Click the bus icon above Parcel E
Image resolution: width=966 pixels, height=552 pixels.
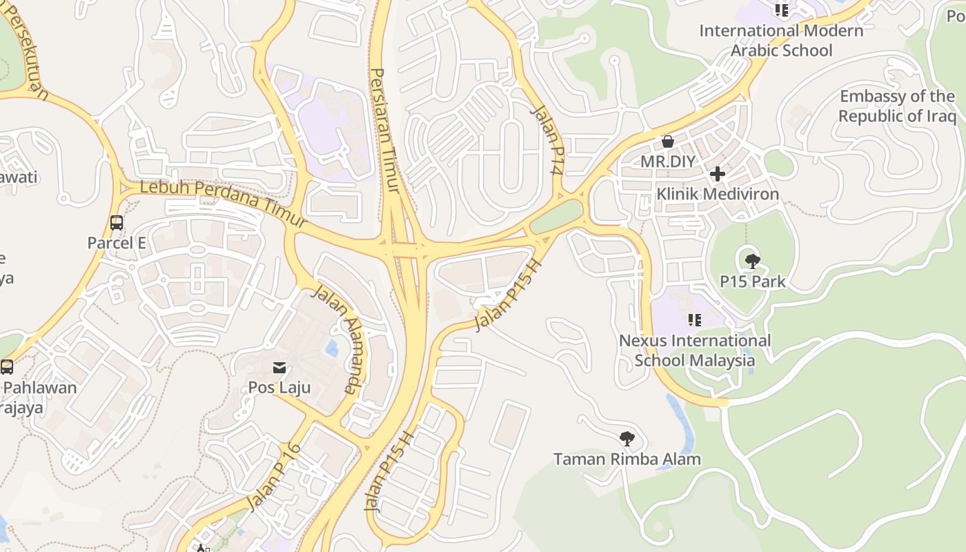click(117, 223)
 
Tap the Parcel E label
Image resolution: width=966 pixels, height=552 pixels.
click(117, 243)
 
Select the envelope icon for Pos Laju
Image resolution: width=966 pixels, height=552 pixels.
click(279, 368)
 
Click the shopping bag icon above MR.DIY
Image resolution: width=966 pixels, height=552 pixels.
click(668, 141)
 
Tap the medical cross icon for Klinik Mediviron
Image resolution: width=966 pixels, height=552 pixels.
click(718, 174)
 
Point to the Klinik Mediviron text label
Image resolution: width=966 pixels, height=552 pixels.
click(718, 194)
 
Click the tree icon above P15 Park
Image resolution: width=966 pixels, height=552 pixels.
click(753, 262)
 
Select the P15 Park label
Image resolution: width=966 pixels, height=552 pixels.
click(753, 282)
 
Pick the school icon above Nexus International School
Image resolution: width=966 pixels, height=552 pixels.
click(694, 320)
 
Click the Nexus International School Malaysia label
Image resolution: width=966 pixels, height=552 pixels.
click(694, 351)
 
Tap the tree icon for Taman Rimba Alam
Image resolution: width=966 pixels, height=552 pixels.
click(627, 439)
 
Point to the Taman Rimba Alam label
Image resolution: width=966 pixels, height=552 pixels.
click(627, 459)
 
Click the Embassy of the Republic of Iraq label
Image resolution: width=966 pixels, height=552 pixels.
click(897, 106)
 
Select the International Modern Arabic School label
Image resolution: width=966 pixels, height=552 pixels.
click(781, 41)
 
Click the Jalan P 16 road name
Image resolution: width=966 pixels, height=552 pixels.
click(274, 477)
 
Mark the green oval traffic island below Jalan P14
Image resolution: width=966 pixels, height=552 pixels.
click(557, 217)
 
